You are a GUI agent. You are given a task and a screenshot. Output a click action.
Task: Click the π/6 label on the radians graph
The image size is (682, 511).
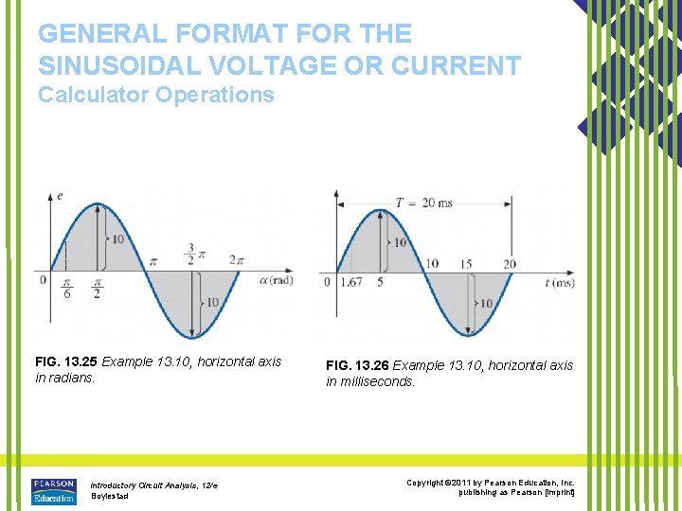[x=66, y=288]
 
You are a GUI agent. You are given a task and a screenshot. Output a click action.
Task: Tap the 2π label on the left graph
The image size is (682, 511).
[x=234, y=260]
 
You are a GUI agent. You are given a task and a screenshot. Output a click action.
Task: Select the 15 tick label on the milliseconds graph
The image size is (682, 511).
[x=466, y=264]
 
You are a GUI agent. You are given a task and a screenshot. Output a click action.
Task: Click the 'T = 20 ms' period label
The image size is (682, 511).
[x=423, y=202]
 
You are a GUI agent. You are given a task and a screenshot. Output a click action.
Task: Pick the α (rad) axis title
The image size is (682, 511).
[x=275, y=279]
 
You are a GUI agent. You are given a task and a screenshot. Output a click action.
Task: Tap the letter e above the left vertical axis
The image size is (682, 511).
[x=60, y=196]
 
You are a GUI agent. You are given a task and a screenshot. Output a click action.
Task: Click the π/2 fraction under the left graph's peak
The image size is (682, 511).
[x=97, y=288]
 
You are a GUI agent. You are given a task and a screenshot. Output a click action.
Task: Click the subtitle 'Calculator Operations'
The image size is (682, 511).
[x=155, y=95]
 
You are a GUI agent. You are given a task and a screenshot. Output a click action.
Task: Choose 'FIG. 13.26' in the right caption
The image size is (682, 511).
[x=357, y=365]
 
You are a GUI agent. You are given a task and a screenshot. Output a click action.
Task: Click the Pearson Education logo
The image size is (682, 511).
[x=53, y=491]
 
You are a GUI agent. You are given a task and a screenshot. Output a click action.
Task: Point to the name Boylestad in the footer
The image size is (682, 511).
[x=110, y=496]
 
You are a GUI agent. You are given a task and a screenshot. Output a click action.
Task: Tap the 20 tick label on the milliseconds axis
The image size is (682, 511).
[x=510, y=264]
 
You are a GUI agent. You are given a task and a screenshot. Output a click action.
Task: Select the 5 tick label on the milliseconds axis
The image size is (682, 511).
[x=380, y=282]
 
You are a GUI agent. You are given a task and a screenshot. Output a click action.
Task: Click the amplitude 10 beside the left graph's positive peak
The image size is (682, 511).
[x=117, y=239]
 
